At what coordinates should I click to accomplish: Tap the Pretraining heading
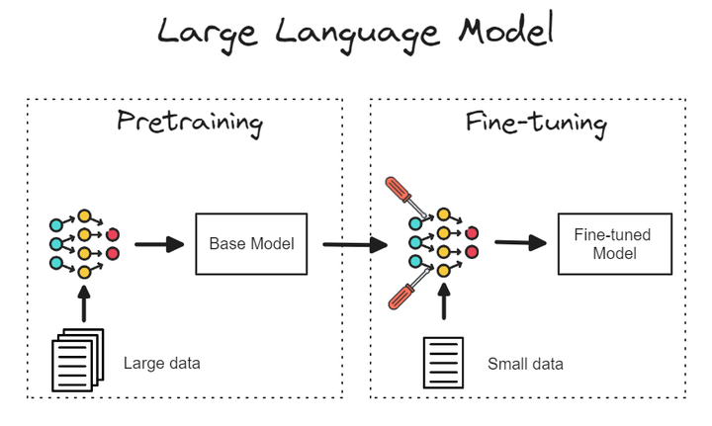[x=190, y=123]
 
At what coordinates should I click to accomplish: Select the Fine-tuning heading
[x=535, y=123]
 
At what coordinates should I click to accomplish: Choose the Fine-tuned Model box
[x=612, y=244]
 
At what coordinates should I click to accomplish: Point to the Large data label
[x=161, y=363]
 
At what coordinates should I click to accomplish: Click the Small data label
[x=525, y=364]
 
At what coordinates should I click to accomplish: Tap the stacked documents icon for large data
[x=77, y=361]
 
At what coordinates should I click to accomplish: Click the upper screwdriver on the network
[x=405, y=196]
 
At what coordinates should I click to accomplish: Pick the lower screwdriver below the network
[x=406, y=294]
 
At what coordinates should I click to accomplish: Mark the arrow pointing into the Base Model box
[x=160, y=244]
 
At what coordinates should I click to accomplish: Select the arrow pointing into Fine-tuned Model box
[x=521, y=243]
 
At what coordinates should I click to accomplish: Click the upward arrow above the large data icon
[x=84, y=302]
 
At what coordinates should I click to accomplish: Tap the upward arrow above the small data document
[x=443, y=302]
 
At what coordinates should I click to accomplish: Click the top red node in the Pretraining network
[x=113, y=235]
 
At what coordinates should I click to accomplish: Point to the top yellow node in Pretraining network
[x=85, y=215]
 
